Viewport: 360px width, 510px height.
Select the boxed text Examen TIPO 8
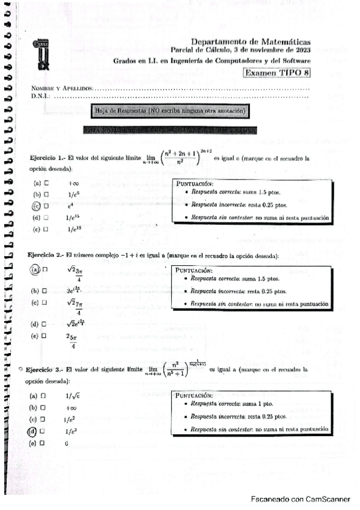click(276, 73)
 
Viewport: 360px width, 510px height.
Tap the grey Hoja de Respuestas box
click(171, 111)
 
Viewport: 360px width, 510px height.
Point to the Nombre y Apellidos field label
click(63, 88)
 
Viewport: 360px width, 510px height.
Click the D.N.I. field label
click(41, 96)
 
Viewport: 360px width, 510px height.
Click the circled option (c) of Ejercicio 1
click(37, 206)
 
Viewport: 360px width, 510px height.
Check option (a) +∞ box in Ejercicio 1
click(46, 183)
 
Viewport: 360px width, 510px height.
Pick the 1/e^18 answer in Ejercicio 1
click(74, 229)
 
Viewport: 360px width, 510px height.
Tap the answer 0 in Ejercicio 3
click(66, 443)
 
